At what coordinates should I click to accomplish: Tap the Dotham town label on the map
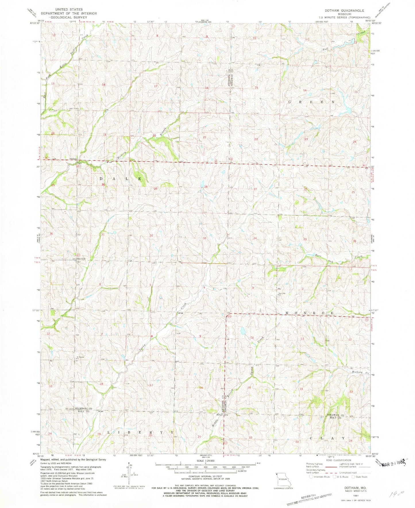pyautogui.click(x=72, y=159)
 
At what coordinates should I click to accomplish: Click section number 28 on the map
pyautogui.click(x=206, y=187)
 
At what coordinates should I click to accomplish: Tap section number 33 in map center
pyautogui.click(x=204, y=238)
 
